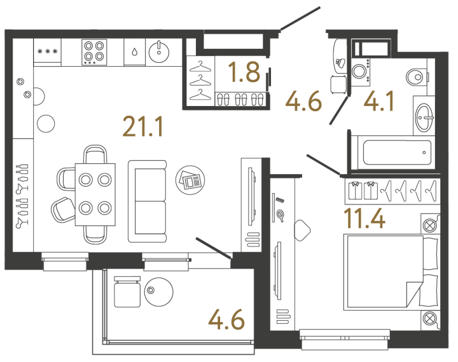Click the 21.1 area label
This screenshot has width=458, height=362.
pos(142,126)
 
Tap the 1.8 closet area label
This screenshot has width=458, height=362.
pos(244,72)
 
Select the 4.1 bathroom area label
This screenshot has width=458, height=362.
pos(378,101)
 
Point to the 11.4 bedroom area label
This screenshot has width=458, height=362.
pos(364,218)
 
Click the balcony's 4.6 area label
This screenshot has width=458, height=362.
pos(226,319)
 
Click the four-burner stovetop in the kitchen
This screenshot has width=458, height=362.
pos(94,52)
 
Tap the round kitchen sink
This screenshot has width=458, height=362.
pos(159,52)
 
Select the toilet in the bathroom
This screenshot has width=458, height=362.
pos(417,77)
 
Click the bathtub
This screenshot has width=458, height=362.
pos(397,152)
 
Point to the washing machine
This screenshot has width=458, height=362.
pos(360,72)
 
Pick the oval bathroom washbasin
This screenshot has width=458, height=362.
pos(425,117)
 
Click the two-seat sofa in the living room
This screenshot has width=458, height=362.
pos(147,201)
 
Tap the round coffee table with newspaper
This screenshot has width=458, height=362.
pos(190,180)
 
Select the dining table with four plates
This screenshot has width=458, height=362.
pos(95,194)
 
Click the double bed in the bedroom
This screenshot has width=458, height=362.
pos(391,272)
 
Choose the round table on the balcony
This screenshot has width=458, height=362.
pos(158,292)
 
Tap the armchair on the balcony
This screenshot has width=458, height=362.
pos(127,292)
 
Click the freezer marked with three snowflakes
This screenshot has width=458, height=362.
pos(47,50)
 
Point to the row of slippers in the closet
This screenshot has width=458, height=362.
pos(240,99)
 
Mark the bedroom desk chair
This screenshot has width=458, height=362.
pos(302,230)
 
